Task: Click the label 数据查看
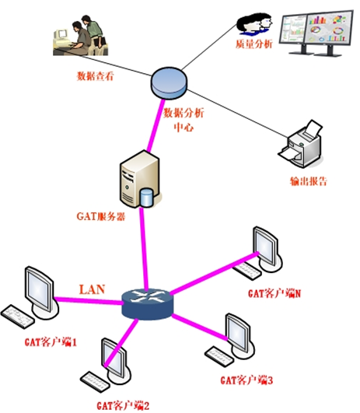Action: (x=95, y=76)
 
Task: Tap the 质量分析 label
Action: (x=254, y=44)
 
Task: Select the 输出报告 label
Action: (x=309, y=181)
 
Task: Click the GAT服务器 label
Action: (x=101, y=216)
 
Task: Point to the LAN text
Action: (x=93, y=289)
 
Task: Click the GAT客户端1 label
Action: (x=51, y=342)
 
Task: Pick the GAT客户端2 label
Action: (x=123, y=405)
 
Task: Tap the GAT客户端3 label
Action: (x=246, y=380)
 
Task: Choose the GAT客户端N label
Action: (x=274, y=293)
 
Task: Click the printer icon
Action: (x=301, y=144)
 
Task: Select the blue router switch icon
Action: (x=148, y=304)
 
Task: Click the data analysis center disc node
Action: (x=169, y=83)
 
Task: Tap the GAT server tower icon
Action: (x=140, y=179)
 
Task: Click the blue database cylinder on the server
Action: (x=146, y=197)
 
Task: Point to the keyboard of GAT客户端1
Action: (x=17, y=317)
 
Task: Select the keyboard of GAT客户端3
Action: (x=219, y=356)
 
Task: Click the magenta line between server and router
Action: (x=145, y=248)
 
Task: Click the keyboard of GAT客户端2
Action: (x=95, y=382)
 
